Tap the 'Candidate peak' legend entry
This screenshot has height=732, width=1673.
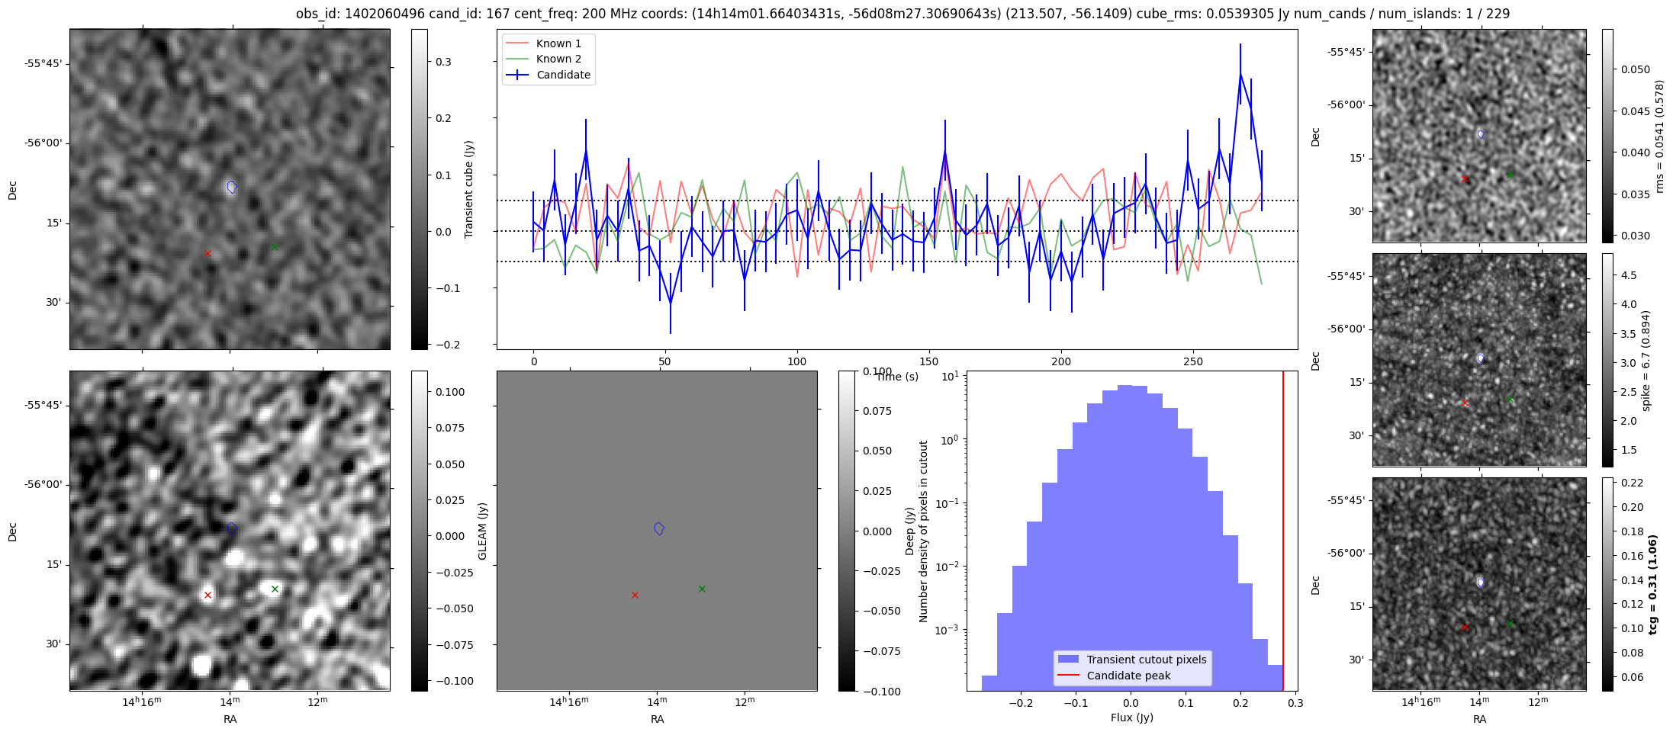click(x=1128, y=676)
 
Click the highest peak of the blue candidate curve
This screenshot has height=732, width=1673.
click(x=1240, y=73)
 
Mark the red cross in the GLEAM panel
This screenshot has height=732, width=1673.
click(x=635, y=595)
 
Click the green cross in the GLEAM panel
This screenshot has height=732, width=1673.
click(x=702, y=589)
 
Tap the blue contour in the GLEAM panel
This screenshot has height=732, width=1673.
click(x=659, y=528)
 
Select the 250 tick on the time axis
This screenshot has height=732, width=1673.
click(x=1192, y=361)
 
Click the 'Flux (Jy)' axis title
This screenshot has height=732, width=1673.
click(x=1132, y=718)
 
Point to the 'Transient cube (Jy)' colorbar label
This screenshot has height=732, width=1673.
click(x=469, y=189)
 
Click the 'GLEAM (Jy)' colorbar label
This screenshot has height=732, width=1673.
click(x=483, y=531)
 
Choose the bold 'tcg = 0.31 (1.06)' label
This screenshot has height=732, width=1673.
click(x=1652, y=585)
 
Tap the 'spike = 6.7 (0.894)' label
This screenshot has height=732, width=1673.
click(x=1646, y=361)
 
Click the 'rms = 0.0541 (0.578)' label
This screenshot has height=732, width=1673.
click(x=1659, y=136)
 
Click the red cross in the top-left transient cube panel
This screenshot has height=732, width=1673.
click(x=208, y=253)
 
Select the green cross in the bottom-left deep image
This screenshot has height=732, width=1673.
click(x=275, y=589)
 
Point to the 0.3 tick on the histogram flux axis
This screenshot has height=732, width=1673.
click(x=1295, y=703)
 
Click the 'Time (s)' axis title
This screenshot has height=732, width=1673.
click(x=898, y=377)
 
